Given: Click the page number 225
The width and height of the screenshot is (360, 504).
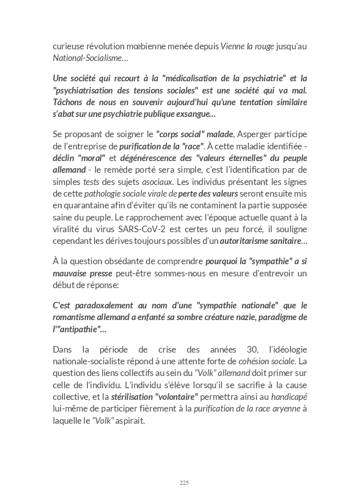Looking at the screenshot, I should [x=184, y=482].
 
